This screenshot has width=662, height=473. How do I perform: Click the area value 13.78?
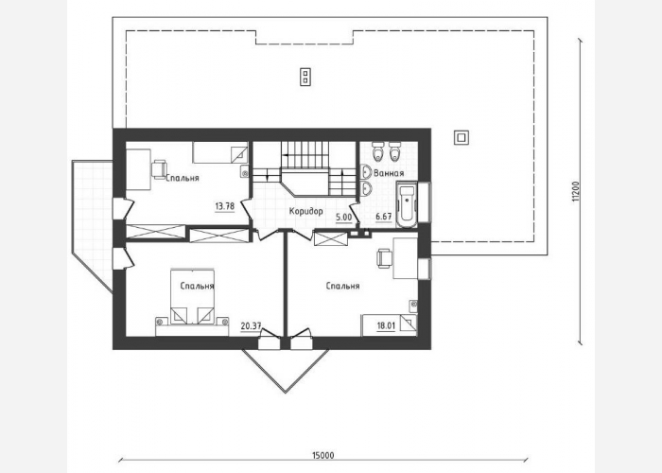[x=225, y=206]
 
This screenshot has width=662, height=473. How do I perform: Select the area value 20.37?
[x=251, y=326]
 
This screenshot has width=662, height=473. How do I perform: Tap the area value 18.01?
[x=386, y=325]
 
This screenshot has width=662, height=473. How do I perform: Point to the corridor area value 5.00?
[x=343, y=218]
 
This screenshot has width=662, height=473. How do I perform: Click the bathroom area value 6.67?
[x=384, y=217]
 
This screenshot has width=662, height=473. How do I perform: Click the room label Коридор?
[x=306, y=211]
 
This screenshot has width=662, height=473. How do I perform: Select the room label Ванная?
[x=389, y=173]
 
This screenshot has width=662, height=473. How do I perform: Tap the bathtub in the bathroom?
[x=407, y=204]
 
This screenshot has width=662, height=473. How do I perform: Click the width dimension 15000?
[x=323, y=455]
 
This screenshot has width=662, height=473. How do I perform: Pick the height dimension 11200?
[x=576, y=192]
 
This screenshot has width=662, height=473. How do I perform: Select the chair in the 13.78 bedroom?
[x=159, y=169]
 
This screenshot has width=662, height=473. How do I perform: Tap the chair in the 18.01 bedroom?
[x=384, y=258]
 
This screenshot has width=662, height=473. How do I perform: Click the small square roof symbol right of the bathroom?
[x=462, y=137]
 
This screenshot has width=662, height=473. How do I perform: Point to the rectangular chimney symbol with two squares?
[x=305, y=77]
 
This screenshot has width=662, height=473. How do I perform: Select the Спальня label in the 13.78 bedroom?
[x=183, y=178]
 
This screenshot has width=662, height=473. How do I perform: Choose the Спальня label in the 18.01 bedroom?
[x=342, y=286]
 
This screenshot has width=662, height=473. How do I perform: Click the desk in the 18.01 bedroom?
[x=406, y=258]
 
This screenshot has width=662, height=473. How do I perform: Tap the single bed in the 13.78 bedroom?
[x=220, y=152]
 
